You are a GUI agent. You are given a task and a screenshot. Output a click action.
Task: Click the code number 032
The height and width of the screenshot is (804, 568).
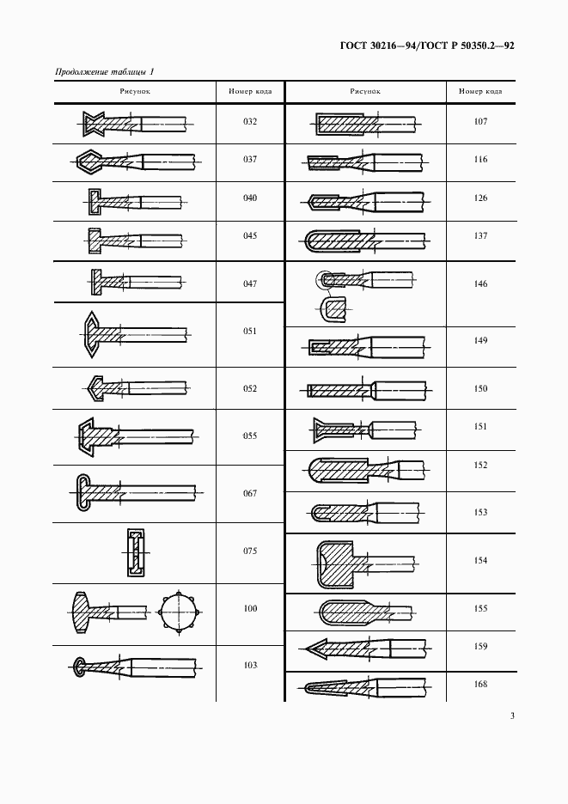pos(250,121)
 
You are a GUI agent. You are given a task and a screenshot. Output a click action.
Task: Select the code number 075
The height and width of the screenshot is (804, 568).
pos(250,551)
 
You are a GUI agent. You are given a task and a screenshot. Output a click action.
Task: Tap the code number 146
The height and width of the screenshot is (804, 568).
pos(480,283)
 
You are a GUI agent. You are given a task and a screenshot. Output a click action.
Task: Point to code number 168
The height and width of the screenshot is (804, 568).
pos(480,684)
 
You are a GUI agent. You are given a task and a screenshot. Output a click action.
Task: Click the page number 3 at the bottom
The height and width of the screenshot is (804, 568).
pos(512,716)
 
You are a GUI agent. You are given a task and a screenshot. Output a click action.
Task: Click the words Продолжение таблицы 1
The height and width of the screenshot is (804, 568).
pos(105,71)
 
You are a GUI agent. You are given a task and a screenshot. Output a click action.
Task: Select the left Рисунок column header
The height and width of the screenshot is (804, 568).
pos(135,91)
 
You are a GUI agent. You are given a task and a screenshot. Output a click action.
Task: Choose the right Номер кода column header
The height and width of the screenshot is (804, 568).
pos(480,91)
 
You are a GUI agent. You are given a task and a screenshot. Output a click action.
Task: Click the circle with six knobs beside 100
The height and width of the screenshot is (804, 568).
pos(179,612)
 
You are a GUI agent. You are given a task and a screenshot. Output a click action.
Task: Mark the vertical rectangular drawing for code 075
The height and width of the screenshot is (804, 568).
pos(136,553)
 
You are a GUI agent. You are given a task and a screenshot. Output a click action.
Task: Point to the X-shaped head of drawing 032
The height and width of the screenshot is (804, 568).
pos(94,124)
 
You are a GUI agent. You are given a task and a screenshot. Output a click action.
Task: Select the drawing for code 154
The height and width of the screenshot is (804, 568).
pos(366,564)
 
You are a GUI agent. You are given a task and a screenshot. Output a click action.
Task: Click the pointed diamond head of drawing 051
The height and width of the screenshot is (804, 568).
pos(92,334)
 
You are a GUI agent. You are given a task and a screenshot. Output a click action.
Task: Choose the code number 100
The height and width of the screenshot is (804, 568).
pos(250,609)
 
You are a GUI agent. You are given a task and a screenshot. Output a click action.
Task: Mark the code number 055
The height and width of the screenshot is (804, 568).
pos(250,435)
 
